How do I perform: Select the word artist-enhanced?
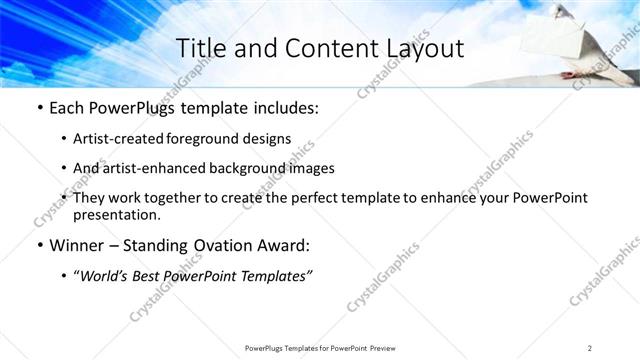click(x=151, y=168)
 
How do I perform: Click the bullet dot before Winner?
click(x=39, y=246)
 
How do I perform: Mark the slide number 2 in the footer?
click(x=590, y=348)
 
